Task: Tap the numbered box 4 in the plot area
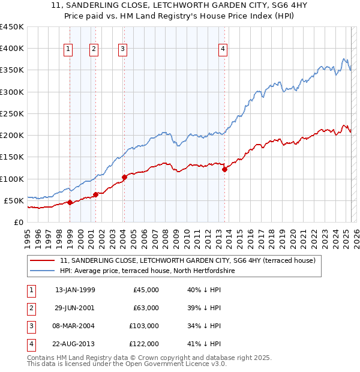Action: [223, 50]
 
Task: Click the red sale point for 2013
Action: [224, 169]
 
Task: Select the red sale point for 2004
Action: [124, 177]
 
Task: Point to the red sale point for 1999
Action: [70, 202]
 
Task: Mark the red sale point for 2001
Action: [96, 194]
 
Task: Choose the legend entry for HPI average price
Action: [146, 271]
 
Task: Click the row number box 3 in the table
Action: [30, 326]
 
